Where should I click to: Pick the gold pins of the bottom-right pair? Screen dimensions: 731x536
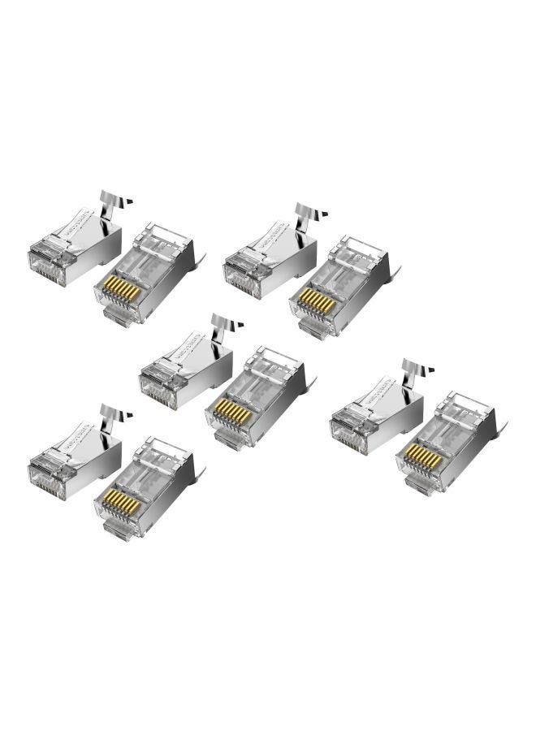click(422, 457)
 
